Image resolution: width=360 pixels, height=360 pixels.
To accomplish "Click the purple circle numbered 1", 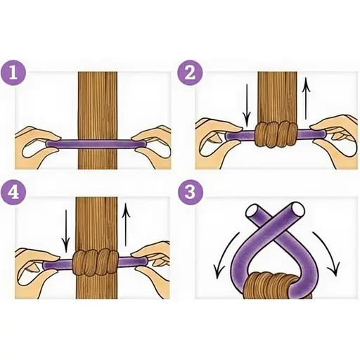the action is point(13,73).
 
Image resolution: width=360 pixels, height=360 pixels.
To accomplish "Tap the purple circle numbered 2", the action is point(190,73).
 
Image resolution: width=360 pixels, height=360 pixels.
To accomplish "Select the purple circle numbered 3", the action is point(190,192).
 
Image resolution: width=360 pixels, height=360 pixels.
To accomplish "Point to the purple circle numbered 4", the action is point(13,192).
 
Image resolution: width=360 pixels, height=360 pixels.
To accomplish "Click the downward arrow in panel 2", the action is point(247,105).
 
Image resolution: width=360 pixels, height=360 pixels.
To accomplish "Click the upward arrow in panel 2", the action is point(306,99).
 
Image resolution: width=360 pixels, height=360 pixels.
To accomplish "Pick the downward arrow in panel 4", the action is point(66,231).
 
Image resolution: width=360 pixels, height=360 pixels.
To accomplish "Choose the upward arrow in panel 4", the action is point(126,224).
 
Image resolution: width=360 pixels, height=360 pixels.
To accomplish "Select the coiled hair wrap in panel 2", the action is point(276,134).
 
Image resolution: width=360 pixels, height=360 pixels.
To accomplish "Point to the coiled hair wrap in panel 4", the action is point(95,262).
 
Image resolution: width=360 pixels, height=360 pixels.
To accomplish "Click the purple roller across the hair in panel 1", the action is point(95,144).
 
